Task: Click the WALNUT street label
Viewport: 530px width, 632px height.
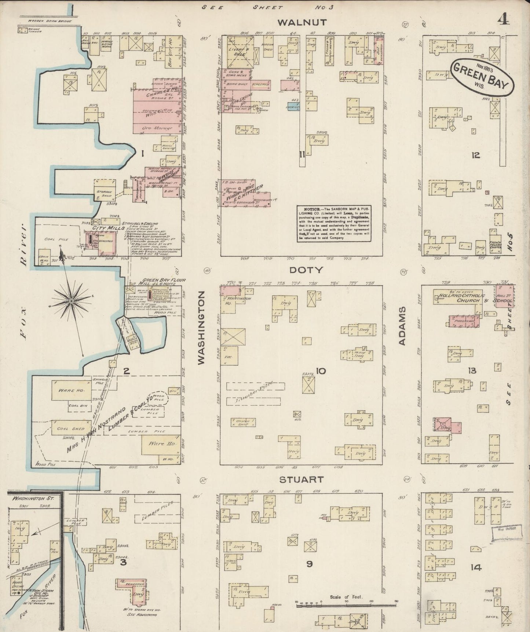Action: point(302,23)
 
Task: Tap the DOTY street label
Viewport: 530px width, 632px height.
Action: point(306,270)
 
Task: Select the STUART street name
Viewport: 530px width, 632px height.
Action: point(301,479)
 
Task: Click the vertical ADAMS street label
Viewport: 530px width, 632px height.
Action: point(402,326)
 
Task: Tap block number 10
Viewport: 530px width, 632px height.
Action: point(321,371)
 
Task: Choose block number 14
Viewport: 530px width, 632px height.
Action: point(476,568)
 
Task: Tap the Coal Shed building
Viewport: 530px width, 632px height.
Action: point(70,428)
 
